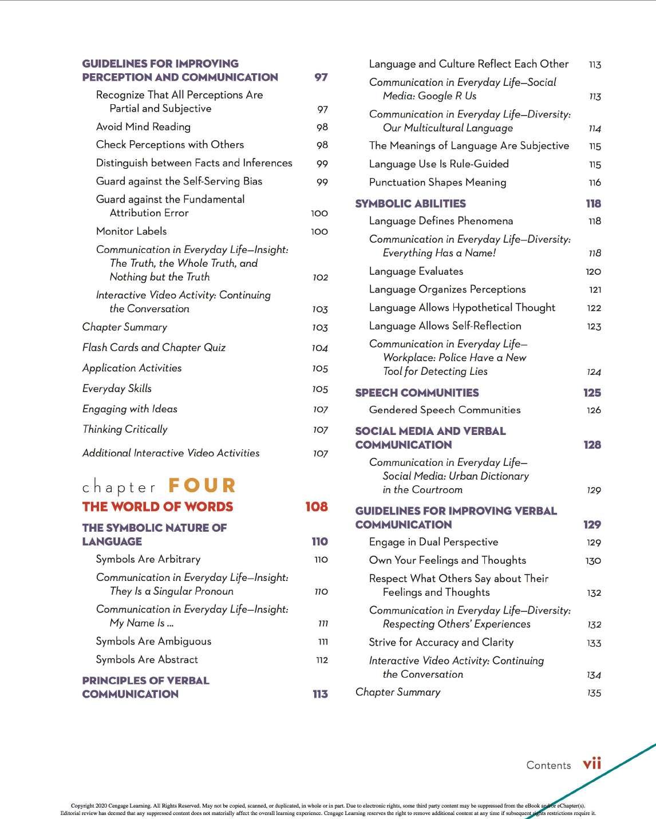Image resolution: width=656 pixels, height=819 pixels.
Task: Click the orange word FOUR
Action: click(201, 486)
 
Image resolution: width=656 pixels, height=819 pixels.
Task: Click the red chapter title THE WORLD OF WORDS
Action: click(157, 507)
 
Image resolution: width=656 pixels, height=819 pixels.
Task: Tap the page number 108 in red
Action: click(316, 507)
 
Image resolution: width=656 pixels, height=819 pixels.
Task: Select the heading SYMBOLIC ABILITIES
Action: click(410, 203)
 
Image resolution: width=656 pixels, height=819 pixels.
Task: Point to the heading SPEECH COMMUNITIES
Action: click(417, 393)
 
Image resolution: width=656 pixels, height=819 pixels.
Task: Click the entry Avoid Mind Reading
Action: click(143, 126)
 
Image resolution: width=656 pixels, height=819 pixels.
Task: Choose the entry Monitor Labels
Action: click(131, 231)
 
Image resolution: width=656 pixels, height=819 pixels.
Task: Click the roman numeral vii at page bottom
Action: click(591, 764)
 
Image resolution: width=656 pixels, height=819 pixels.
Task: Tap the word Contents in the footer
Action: click(548, 765)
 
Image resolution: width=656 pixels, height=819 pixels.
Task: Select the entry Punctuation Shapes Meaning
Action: click(437, 183)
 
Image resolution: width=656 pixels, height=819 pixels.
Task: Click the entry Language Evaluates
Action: click(416, 271)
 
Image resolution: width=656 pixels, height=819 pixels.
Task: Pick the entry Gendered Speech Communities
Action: click(444, 410)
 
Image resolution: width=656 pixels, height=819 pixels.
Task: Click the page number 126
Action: click(594, 410)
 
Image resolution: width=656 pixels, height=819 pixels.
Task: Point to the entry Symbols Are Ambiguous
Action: click(153, 642)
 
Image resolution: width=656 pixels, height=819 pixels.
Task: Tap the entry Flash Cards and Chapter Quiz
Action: click(153, 347)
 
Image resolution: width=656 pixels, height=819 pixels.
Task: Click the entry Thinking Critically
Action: click(125, 429)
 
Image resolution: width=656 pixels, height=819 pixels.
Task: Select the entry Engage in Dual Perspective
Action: click(433, 542)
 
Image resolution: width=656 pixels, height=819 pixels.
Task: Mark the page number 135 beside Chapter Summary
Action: click(594, 693)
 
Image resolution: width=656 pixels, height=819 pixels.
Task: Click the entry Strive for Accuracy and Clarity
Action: click(441, 642)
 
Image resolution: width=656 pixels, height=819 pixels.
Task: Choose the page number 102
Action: click(320, 278)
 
